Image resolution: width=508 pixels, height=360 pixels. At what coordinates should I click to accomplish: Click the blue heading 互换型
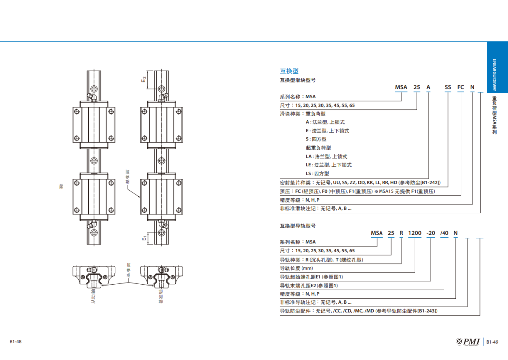(289, 71)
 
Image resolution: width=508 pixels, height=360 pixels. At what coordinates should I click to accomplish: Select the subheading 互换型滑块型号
(298, 80)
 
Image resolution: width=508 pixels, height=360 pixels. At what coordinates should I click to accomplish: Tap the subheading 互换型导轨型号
(298, 226)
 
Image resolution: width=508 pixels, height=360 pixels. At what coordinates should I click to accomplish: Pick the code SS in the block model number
(448, 87)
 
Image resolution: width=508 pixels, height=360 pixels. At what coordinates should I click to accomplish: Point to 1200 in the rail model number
(414, 233)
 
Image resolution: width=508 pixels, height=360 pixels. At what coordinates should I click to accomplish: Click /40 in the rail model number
(444, 233)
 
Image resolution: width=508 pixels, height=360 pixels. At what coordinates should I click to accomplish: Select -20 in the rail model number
(431, 233)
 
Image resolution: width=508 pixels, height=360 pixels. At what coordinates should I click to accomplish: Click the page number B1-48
(15, 342)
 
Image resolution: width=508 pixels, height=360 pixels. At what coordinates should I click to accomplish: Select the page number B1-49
(492, 342)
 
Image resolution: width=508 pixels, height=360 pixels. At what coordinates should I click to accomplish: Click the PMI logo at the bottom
(468, 341)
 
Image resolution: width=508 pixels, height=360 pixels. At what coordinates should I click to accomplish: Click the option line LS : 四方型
(317, 174)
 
